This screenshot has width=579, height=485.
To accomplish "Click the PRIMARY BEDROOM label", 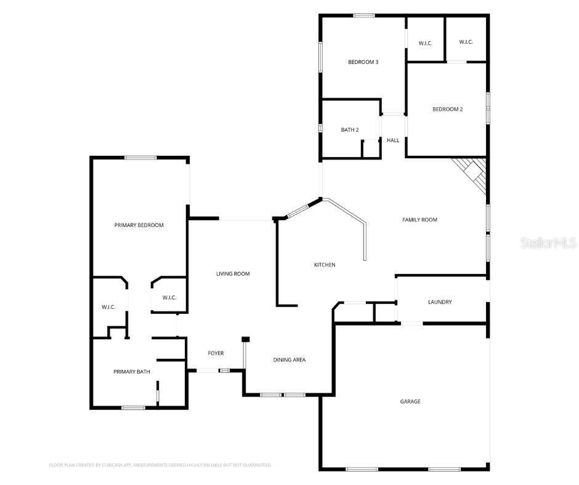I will (x=139, y=225).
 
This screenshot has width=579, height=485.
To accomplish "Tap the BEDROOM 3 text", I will (x=363, y=62).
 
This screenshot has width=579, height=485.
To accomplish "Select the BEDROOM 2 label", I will (x=447, y=110).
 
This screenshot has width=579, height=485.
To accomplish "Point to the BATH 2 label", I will (x=350, y=130).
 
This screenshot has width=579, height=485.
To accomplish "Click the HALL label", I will (x=393, y=140).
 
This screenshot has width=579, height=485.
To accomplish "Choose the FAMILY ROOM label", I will (x=419, y=220).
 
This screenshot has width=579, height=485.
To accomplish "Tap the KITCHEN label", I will (x=325, y=265).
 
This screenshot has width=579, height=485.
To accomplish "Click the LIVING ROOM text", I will (x=233, y=273).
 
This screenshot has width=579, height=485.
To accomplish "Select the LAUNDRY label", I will (x=440, y=302).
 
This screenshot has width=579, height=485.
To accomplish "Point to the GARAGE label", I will (x=410, y=401).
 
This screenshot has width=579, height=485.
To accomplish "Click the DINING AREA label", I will (x=289, y=360).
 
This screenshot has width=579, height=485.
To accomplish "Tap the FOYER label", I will (x=216, y=353).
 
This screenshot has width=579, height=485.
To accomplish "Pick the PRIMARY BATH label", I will (x=131, y=372).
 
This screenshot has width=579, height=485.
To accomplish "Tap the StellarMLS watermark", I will (x=548, y=243).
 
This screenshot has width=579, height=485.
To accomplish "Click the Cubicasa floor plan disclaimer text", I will (x=160, y=465).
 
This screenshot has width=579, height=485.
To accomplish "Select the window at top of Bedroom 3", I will (x=364, y=15).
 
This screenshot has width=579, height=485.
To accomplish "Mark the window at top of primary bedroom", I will (x=141, y=158).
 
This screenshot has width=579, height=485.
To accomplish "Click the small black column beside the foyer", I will (x=245, y=339).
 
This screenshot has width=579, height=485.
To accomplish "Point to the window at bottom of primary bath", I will (x=133, y=407).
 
